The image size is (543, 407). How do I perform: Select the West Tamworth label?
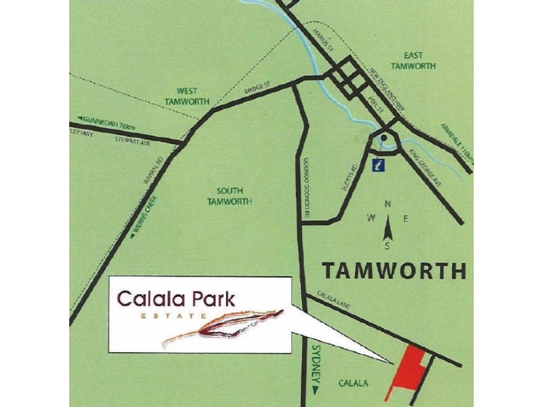[187, 95]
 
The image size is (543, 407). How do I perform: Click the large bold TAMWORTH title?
[394, 271]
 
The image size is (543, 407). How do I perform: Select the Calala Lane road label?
[332, 301]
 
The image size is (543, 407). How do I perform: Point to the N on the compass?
[388, 203]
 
